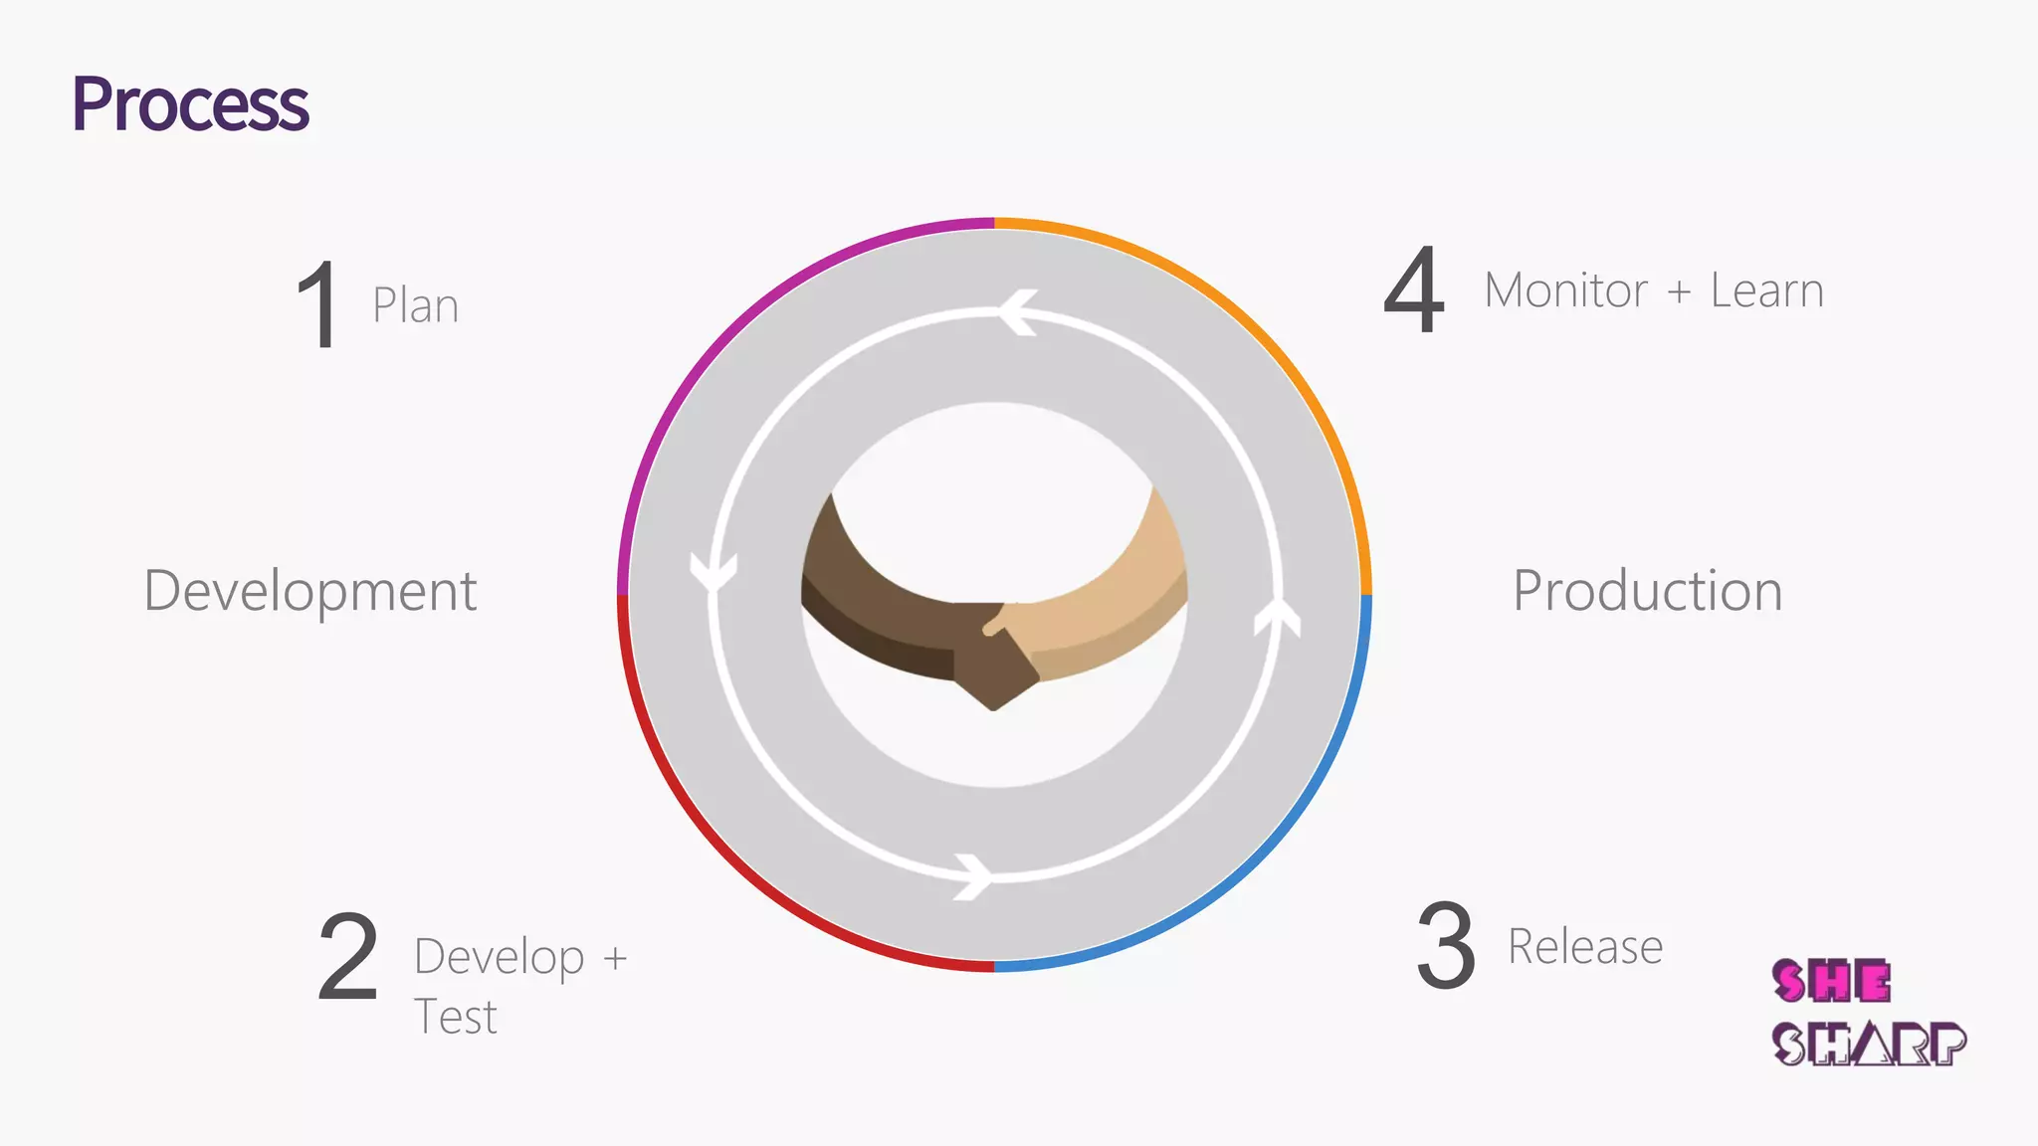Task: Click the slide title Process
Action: [x=190, y=104]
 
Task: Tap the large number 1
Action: [x=318, y=305]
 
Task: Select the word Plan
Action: [x=415, y=306]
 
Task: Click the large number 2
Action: [x=348, y=957]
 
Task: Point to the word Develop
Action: [x=499, y=958]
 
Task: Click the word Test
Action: [x=455, y=1018]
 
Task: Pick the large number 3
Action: [x=1445, y=946]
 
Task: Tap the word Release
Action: [x=1584, y=946]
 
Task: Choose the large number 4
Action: [x=1414, y=290]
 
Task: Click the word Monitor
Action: [x=1565, y=291]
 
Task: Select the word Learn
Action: [x=1766, y=291]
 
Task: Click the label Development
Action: [x=310, y=591]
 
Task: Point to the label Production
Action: [x=1647, y=591]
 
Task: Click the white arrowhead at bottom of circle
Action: [x=974, y=876]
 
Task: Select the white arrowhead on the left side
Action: [x=713, y=573]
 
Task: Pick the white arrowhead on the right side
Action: [x=1278, y=617]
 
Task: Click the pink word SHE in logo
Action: [x=1831, y=982]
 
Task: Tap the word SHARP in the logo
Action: [x=1869, y=1045]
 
